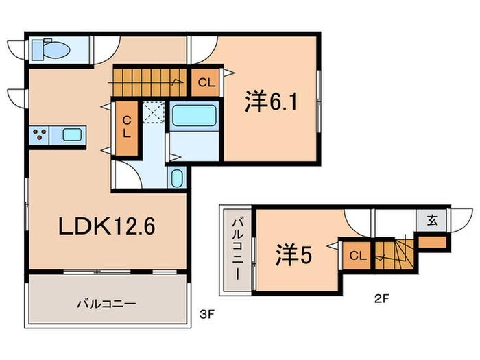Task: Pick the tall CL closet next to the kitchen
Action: tap(126, 127)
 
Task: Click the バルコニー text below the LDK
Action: tap(106, 302)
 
